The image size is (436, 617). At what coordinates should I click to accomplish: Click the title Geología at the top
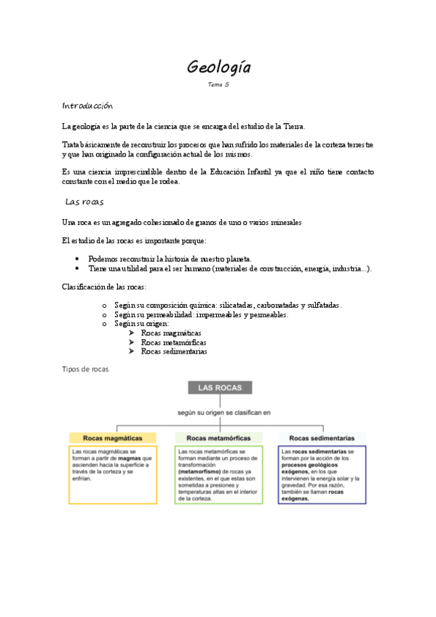pos(218,68)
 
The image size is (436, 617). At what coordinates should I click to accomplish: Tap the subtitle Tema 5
pos(218,85)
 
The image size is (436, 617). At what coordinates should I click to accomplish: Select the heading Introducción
pos(87,106)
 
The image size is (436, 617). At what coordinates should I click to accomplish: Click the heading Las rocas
pos(84,202)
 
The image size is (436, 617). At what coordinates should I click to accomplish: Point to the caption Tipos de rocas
pos(85,370)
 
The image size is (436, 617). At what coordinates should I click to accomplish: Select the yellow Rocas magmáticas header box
pos(113,438)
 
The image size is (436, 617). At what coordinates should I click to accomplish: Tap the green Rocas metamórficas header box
pos(219,438)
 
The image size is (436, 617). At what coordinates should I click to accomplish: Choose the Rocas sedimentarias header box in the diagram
pos(322,438)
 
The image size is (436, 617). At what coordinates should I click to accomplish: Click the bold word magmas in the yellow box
pos(130,458)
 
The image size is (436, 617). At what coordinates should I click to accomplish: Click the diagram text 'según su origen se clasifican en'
pos(224,412)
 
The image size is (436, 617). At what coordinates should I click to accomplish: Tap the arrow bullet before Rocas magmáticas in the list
pos(131,333)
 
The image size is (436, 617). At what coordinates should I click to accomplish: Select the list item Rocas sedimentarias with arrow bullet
pos(174,351)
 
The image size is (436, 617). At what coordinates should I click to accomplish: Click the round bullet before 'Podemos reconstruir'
pos(77,258)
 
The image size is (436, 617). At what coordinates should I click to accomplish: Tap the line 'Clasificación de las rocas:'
pos(105,287)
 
